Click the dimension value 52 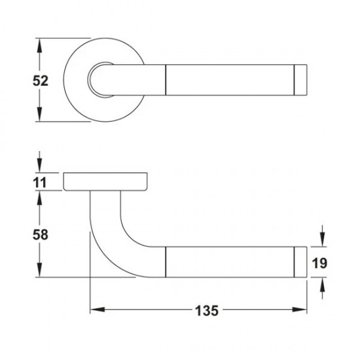point(41,81)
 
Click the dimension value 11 point(40,183)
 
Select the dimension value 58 point(41,234)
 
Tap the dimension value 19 point(319,263)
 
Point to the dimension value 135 point(207,311)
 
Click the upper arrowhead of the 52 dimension point(40,45)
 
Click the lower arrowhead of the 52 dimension point(40,115)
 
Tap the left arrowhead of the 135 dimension point(98,310)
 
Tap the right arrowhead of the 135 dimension point(299,310)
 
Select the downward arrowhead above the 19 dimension point(323,240)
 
